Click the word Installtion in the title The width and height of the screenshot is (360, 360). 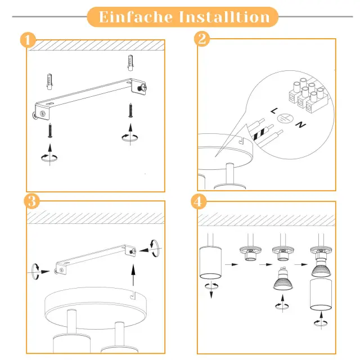pyautogui.click(x=224, y=17)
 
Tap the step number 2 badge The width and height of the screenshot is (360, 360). pyautogui.click(x=201, y=39)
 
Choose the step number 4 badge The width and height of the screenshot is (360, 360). pyautogui.click(x=199, y=201)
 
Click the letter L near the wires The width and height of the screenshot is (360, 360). pyautogui.click(x=273, y=112)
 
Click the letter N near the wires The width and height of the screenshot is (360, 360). pyautogui.click(x=300, y=124)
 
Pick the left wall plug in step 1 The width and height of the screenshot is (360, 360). pyautogui.click(x=50, y=82)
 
